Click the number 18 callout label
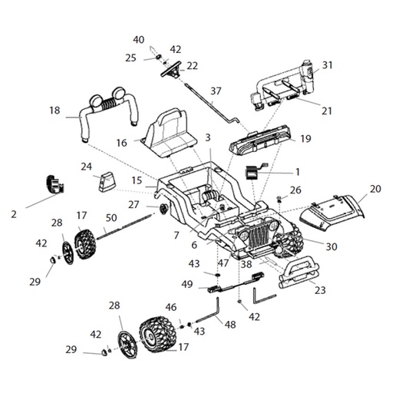54,111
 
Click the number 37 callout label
216,91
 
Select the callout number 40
138,40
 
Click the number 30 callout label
332,246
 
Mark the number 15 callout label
136,180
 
